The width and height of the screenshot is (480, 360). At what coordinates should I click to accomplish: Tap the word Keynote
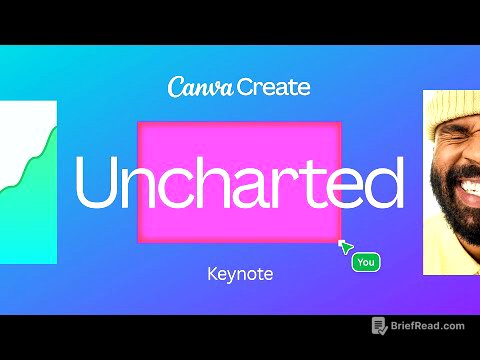[239, 272]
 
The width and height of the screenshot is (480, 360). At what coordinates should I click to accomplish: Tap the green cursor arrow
[346, 246]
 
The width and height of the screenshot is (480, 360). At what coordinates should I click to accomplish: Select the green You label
[366, 262]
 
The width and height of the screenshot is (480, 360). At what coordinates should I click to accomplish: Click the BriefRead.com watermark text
[428, 326]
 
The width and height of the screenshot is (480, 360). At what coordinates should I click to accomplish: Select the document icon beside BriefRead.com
[379, 326]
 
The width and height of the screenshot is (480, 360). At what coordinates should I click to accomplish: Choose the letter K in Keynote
[210, 272]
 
